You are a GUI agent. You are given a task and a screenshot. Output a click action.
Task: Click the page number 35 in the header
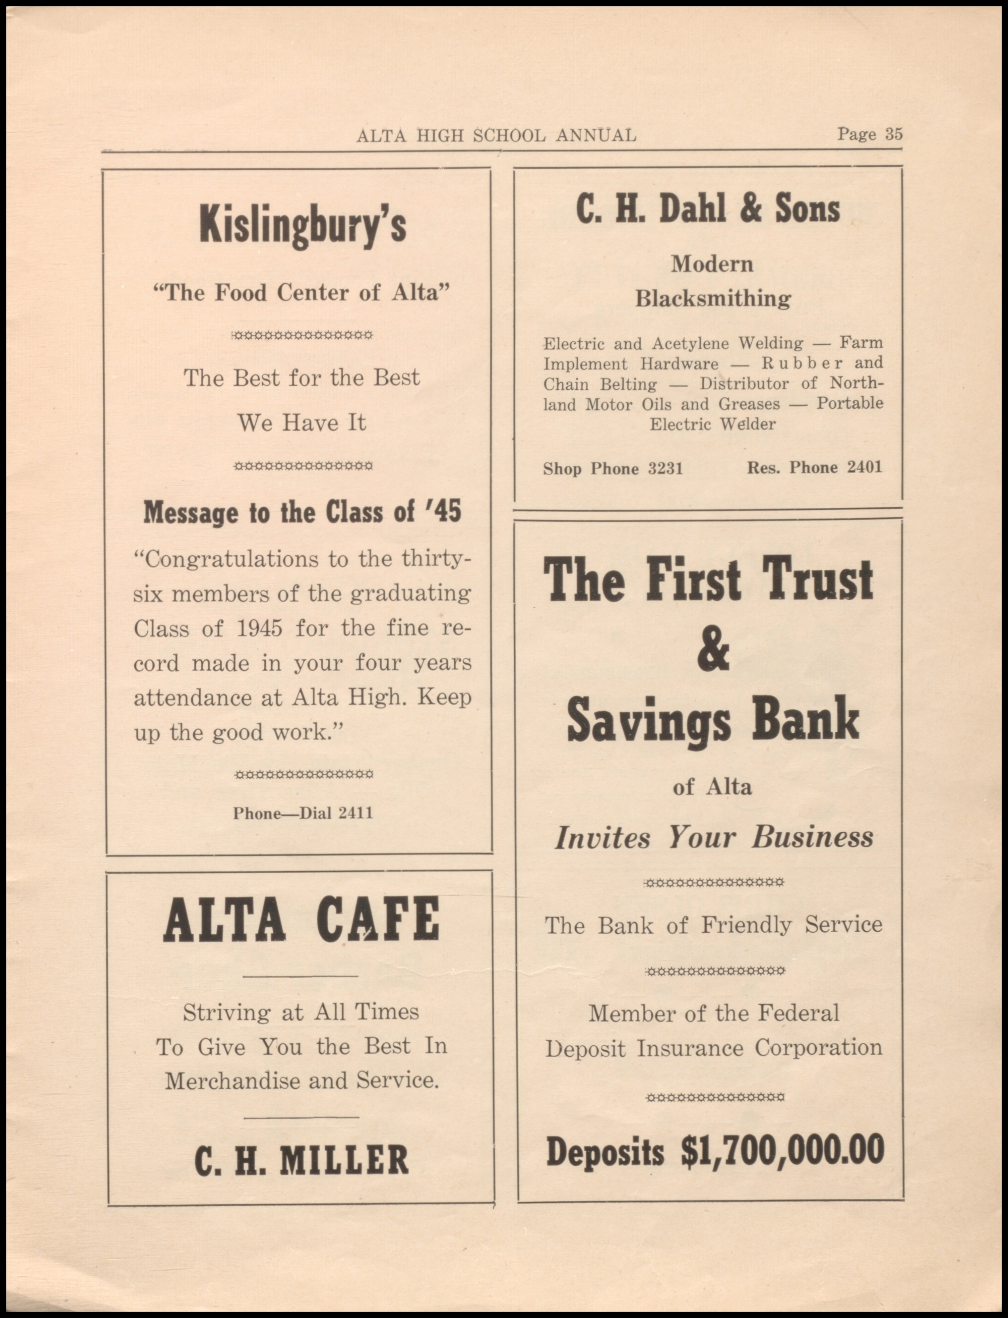click(893, 134)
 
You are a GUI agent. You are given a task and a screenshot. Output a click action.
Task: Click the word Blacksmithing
click(713, 298)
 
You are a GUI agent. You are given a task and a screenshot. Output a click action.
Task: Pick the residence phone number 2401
click(865, 467)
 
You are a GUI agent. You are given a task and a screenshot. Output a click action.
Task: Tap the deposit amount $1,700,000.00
click(783, 1151)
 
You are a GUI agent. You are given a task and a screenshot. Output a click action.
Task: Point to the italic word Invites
click(602, 837)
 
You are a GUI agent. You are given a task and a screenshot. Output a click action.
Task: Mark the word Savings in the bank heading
click(649, 720)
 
